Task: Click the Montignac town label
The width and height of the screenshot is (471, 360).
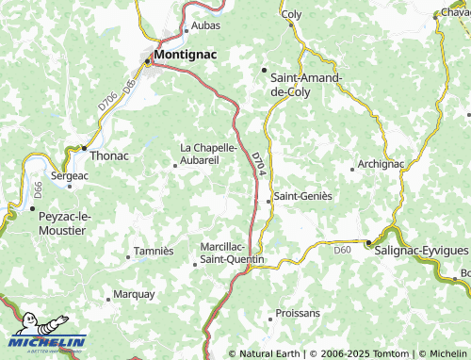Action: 185,55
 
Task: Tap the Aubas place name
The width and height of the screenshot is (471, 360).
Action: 205,25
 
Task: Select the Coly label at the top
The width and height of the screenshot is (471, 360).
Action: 292,15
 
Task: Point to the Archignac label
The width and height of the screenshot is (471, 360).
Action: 382,164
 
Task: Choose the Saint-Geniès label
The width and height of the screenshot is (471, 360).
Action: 302,196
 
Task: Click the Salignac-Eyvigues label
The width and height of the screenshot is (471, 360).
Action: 421,252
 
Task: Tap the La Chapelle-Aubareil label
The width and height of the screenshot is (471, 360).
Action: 214,154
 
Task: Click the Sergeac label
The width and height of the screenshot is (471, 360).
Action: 71,175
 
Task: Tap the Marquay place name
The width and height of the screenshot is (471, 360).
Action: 134,294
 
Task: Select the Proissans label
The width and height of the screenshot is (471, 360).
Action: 298,312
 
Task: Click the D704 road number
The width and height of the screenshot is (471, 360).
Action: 258,162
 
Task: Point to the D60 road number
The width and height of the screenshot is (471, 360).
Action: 342,250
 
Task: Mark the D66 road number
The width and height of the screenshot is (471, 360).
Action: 26,188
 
